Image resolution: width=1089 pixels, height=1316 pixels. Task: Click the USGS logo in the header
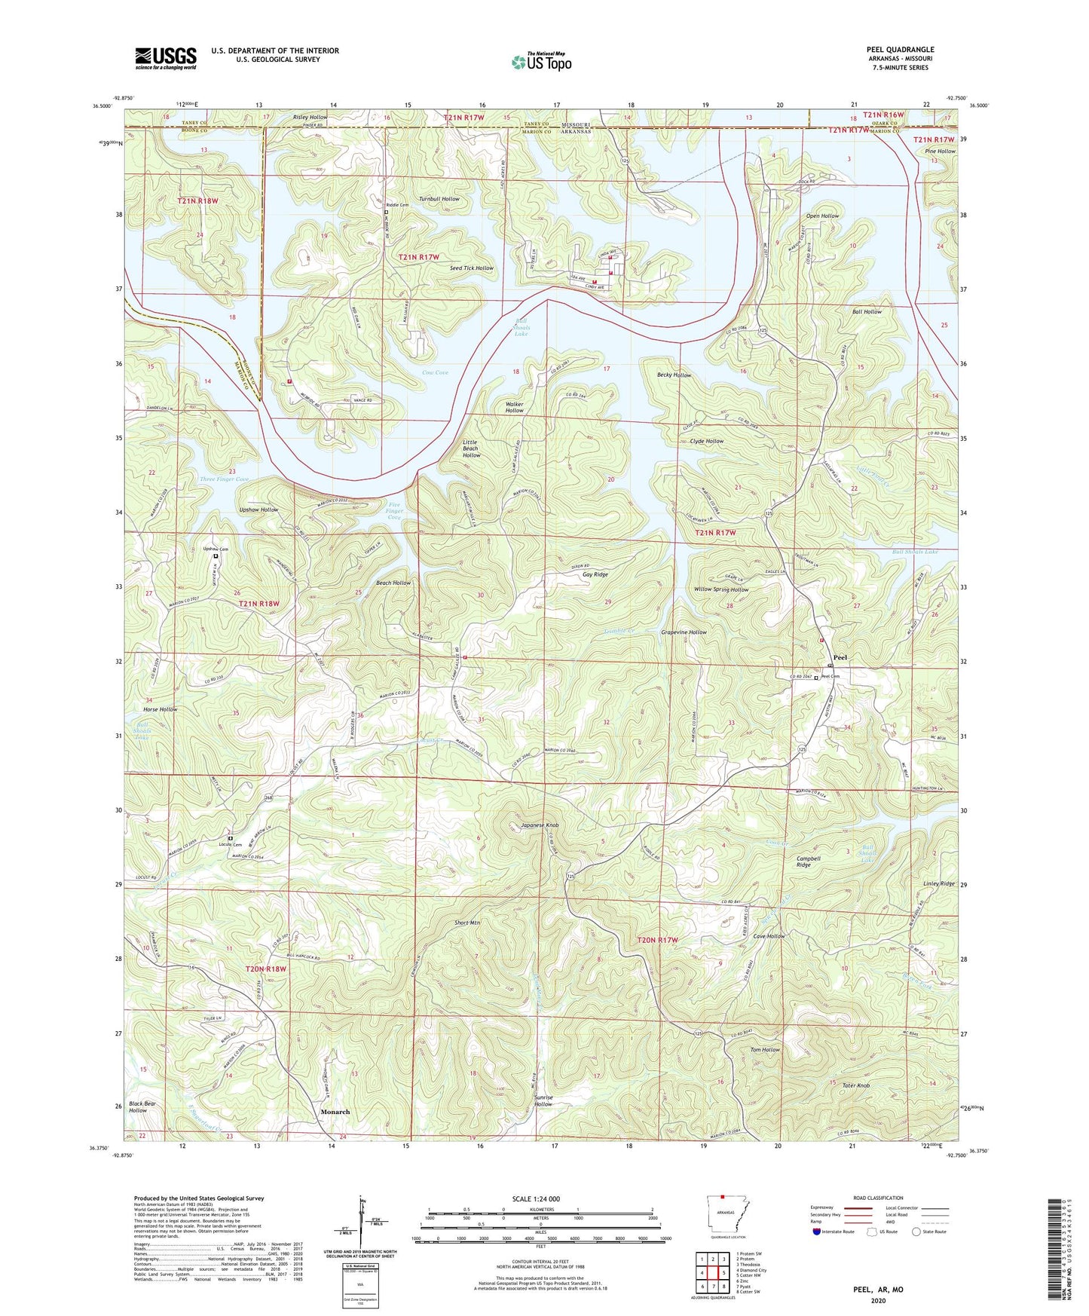tap(166, 58)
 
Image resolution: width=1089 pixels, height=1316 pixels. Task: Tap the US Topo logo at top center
tap(541, 63)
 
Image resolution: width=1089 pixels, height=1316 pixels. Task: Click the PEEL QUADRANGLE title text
tap(900, 50)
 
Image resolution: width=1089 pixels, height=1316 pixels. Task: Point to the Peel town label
tap(840, 657)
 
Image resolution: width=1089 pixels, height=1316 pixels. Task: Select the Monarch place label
tap(335, 1112)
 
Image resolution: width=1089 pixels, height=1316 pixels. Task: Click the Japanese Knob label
tap(540, 825)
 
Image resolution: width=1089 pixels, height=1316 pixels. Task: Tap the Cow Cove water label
tap(435, 372)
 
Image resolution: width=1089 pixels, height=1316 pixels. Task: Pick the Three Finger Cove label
tap(224, 479)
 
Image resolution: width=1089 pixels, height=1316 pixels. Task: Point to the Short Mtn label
tap(467, 923)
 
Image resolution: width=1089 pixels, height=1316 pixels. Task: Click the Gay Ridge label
tap(595, 574)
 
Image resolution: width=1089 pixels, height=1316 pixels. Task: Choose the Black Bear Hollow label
tap(143, 1106)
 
